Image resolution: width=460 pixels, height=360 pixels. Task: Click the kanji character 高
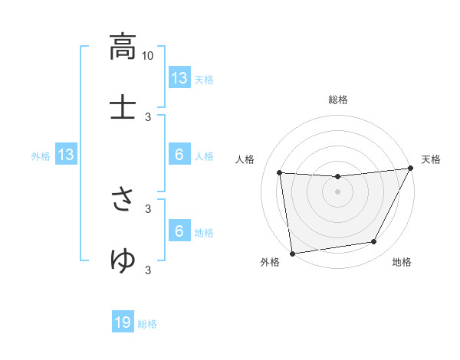coord(123,47)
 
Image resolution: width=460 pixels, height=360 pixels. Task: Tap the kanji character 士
coord(123,106)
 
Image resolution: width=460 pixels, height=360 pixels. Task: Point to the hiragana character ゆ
coord(123,260)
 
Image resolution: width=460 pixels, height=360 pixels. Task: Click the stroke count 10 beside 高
coord(148,55)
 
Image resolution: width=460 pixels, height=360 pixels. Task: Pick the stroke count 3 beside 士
coord(148,116)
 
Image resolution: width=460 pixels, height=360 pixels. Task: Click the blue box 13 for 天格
coord(179,78)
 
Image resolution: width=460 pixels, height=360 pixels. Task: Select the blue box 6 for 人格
coord(179,155)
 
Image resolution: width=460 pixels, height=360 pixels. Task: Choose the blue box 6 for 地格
coord(179,231)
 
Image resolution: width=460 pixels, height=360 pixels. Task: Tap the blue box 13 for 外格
coord(65,155)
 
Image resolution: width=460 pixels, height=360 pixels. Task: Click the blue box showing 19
coord(123,323)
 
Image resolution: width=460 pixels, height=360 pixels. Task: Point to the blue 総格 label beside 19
coord(147,324)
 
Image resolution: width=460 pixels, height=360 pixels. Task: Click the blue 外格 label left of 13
coord(41,156)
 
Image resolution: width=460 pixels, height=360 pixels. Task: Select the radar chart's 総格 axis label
coord(337,100)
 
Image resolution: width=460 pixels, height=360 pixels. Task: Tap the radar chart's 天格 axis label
coord(431,159)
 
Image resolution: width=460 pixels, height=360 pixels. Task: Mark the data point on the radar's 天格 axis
coord(411,169)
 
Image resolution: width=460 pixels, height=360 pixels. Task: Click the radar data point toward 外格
coord(292,252)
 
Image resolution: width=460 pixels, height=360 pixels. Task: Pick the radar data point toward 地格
coord(374,242)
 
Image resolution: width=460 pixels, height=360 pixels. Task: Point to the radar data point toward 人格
coord(280,173)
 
